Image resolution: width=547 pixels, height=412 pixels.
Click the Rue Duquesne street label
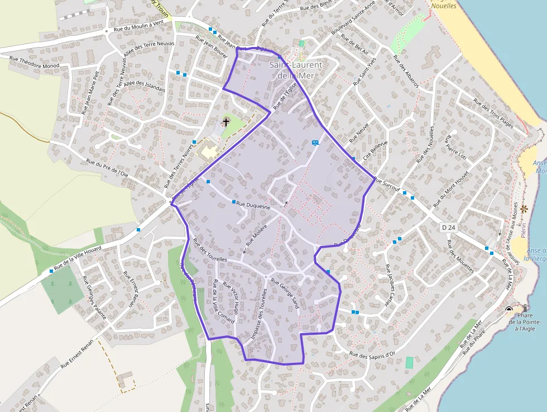254,205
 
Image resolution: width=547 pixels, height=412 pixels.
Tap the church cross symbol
226,121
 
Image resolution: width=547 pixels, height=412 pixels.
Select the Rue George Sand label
285,293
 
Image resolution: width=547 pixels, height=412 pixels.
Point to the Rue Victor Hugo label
231,298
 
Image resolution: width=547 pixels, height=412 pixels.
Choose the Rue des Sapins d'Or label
372,354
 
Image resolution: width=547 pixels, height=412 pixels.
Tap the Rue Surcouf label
387,184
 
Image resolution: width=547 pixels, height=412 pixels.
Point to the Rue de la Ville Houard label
78,258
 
